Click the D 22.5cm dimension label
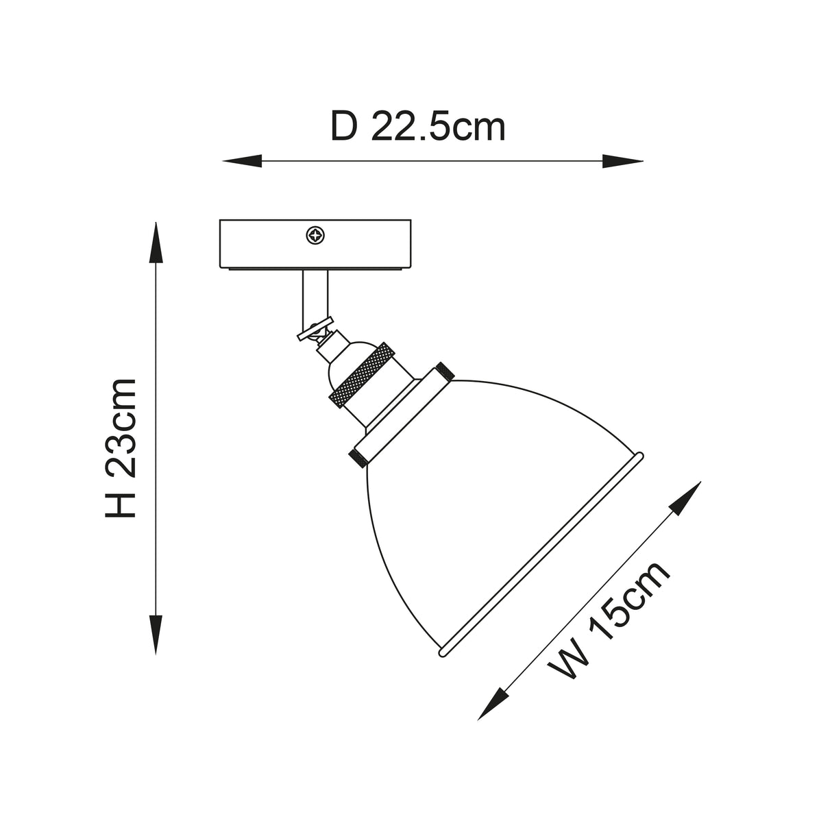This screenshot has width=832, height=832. click(417, 126)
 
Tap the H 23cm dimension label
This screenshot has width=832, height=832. click(121, 448)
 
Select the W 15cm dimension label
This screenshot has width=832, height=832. click(609, 627)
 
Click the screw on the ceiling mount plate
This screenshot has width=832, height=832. click(315, 236)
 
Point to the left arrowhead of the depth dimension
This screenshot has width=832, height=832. click(242, 161)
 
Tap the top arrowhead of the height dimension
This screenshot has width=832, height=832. click(156, 242)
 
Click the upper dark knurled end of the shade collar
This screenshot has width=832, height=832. click(445, 371)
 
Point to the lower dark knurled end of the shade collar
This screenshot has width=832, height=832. click(358, 458)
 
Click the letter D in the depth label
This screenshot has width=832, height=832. click(344, 126)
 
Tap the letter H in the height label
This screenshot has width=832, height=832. click(121, 502)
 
